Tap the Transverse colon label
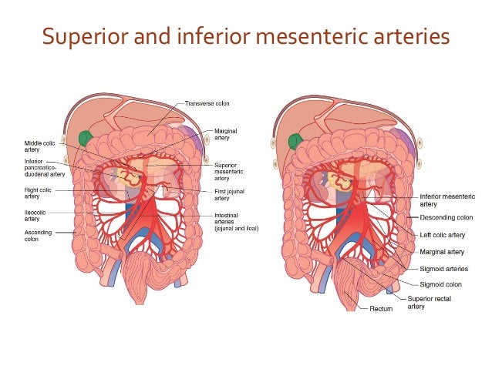click(x=207, y=103)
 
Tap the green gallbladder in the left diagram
click(x=86, y=139)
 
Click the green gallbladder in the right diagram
click(x=294, y=141)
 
